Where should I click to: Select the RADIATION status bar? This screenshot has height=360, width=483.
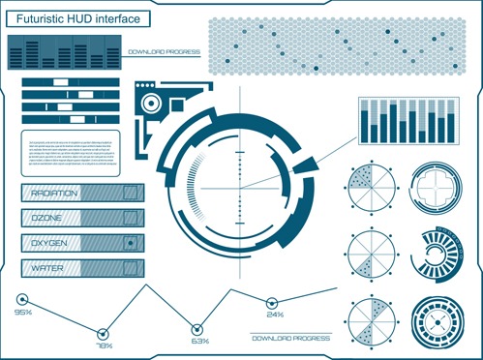tap(82, 194)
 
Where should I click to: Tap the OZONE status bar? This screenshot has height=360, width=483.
tap(82, 218)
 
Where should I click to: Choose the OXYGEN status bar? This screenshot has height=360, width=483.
tap(82, 242)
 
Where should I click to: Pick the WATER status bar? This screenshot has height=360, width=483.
tap(82, 266)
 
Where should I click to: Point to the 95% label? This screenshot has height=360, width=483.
tap(22, 313)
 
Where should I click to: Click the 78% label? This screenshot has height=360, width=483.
tap(104, 345)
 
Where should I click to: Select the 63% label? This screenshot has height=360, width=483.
tap(199, 341)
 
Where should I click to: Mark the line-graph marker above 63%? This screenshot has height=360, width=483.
tap(198, 327)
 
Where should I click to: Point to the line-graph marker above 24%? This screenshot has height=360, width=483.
tap(274, 301)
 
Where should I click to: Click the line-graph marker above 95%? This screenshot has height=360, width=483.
tap(22, 299)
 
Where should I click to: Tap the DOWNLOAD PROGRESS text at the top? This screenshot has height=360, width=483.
tap(164, 51)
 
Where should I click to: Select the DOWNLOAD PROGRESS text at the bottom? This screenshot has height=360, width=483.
tap(290, 338)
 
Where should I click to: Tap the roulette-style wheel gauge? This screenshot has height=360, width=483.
tap(438, 320)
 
